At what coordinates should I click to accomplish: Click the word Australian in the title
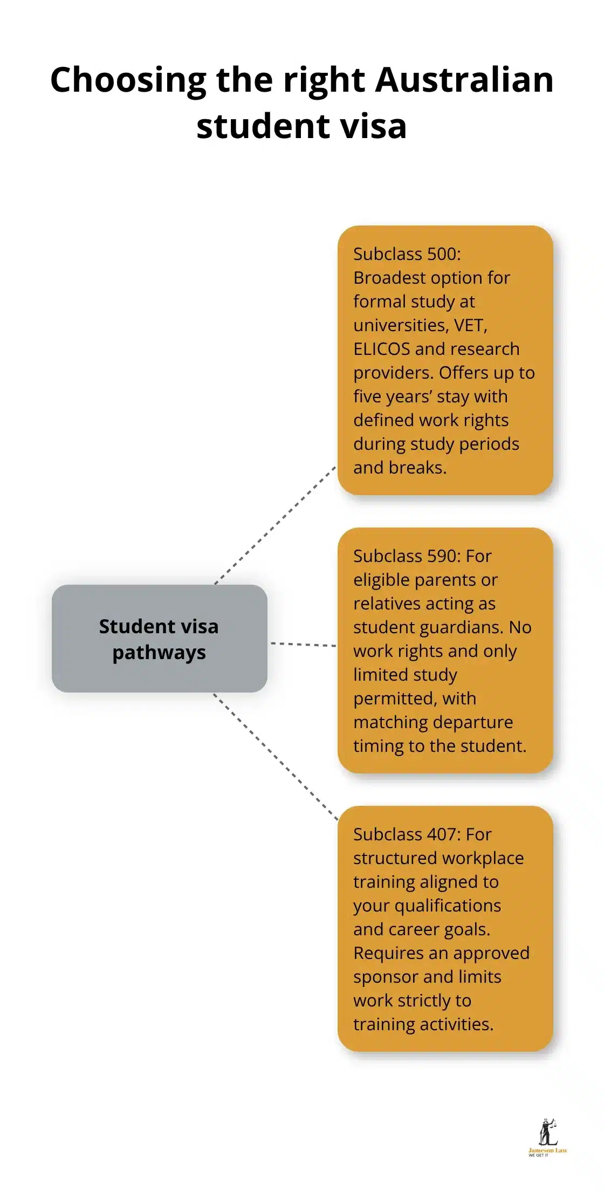pyautogui.click(x=464, y=80)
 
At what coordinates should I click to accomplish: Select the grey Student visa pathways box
pyautogui.click(x=159, y=638)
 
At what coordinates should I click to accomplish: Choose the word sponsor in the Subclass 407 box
pyautogui.click(x=384, y=977)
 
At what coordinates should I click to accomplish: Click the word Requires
pyautogui.click(x=388, y=953)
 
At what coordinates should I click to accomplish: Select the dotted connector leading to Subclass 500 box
pyautogui.click(x=275, y=525)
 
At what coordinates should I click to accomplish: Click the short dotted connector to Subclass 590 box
pyautogui.click(x=303, y=644)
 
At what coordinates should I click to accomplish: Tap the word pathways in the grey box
pyautogui.click(x=159, y=653)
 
